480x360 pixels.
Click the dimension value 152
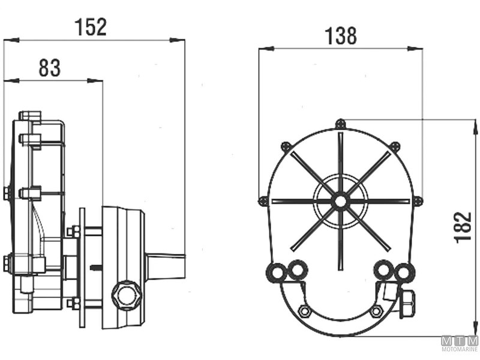point(91,27)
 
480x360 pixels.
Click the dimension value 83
point(49,68)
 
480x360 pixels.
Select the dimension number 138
point(340,37)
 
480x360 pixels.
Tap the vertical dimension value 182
point(463,227)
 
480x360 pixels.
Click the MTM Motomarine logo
point(460,344)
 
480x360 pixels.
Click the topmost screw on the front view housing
point(340,124)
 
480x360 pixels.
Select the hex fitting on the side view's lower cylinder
point(127,295)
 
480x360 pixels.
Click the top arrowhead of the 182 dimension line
point(476,127)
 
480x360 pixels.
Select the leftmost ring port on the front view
point(277,273)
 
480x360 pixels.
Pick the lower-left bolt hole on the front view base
point(305,311)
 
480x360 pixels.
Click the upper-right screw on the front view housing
point(395,146)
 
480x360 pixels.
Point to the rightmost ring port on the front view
point(406,273)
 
